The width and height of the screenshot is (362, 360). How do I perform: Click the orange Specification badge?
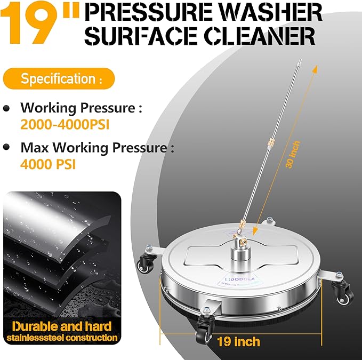pyautogui.click(x=59, y=79)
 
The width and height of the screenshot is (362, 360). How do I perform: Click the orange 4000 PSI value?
pyautogui.click(x=48, y=164)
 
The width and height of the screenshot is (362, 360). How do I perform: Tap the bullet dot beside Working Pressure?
pyautogui.click(x=6, y=108)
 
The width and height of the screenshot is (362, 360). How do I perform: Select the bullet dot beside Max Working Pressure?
pyautogui.click(x=6, y=146)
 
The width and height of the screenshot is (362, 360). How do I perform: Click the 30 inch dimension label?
pyautogui.click(x=293, y=155)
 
